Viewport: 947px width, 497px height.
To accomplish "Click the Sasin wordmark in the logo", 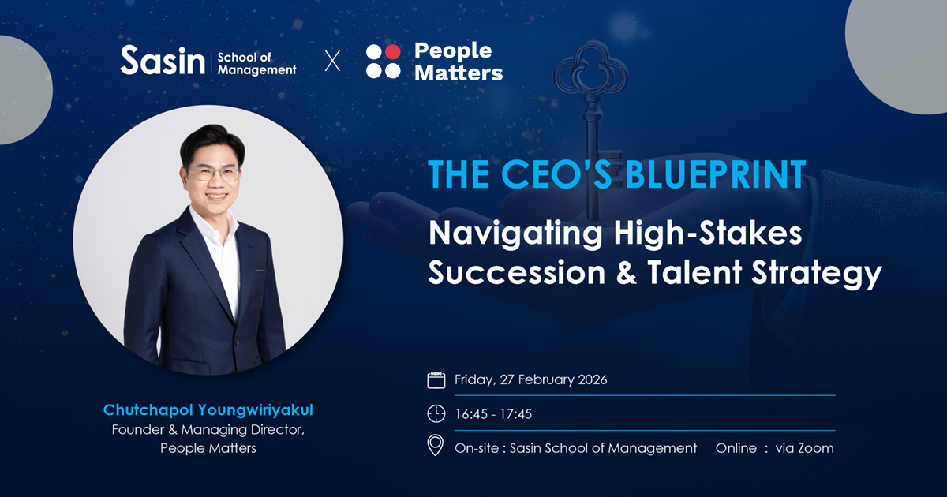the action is (163, 61).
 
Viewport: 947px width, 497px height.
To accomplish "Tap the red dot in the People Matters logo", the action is (392, 51).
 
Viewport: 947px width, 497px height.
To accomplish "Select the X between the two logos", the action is (332, 61).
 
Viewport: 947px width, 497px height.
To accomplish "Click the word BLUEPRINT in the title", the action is (715, 174).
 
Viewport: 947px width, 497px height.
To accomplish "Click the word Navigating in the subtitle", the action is (515, 234).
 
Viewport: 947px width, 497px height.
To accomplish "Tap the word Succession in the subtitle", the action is (517, 273).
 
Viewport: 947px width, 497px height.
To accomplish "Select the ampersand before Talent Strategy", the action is (627, 273).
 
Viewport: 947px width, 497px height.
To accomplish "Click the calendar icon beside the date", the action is (436, 380).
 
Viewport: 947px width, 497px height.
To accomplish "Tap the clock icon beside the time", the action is (436, 413).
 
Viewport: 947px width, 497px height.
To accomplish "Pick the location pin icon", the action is (436, 446).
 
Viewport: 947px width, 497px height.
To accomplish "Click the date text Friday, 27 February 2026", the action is (530, 380).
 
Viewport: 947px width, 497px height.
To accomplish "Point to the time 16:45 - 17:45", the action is (493, 414).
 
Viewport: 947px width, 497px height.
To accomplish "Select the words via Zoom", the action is (804, 448).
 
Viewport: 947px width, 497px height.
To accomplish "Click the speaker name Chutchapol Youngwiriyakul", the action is (208, 410).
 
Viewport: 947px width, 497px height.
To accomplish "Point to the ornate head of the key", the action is (590, 72).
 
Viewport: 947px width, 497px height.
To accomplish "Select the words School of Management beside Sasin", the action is (256, 63).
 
